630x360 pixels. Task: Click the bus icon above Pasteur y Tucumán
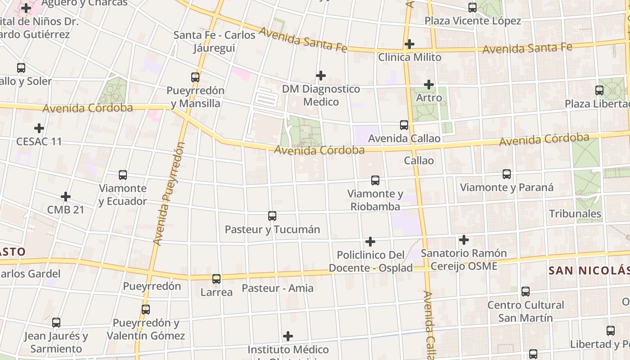[272, 216]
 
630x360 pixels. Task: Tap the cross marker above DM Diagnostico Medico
[321, 75]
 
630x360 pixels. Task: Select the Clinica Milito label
[409, 57]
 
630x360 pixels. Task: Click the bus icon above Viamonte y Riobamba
[375, 180]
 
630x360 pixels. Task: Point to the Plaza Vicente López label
[472, 21]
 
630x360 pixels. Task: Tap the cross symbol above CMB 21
[66, 197]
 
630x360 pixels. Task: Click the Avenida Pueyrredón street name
[169, 193]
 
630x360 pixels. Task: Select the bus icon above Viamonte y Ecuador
[123, 175]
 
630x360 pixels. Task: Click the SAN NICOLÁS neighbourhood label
[589, 270]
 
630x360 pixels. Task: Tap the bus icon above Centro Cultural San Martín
[526, 291]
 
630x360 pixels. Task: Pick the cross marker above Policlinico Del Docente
[370, 242]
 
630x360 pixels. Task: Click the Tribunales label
[575, 213]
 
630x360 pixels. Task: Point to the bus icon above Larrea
[216, 279]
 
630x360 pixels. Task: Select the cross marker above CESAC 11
[39, 128]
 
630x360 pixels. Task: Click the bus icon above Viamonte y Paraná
[507, 174]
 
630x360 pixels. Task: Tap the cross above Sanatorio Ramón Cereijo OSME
[464, 240]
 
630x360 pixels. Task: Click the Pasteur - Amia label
[278, 288]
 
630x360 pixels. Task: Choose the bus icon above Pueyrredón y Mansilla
[195, 77]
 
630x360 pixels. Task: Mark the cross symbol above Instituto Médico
[288, 336]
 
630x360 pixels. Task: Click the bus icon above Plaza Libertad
[599, 90]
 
